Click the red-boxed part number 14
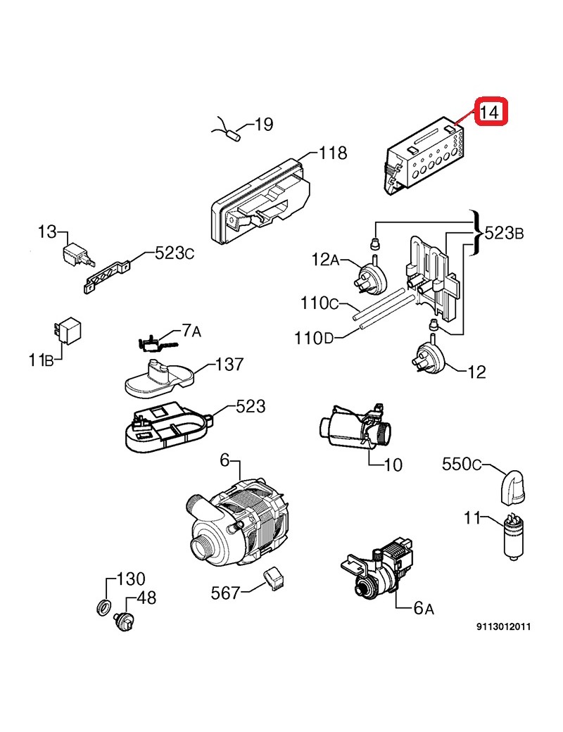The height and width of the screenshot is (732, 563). pyautogui.click(x=491, y=113)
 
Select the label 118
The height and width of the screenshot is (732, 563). pyautogui.click(x=332, y=153)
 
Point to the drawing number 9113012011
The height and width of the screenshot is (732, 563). pyautogui.click(x=504, y=626)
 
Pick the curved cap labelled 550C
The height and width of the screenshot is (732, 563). pyautogui.click(x=512, y=488)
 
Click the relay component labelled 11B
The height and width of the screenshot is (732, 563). pyautogui.click(x=68, y=330)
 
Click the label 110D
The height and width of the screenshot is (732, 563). pyautogui.click(x=314, y=338)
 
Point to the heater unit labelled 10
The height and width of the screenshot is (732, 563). pyautogui.click(x=356, y=426)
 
